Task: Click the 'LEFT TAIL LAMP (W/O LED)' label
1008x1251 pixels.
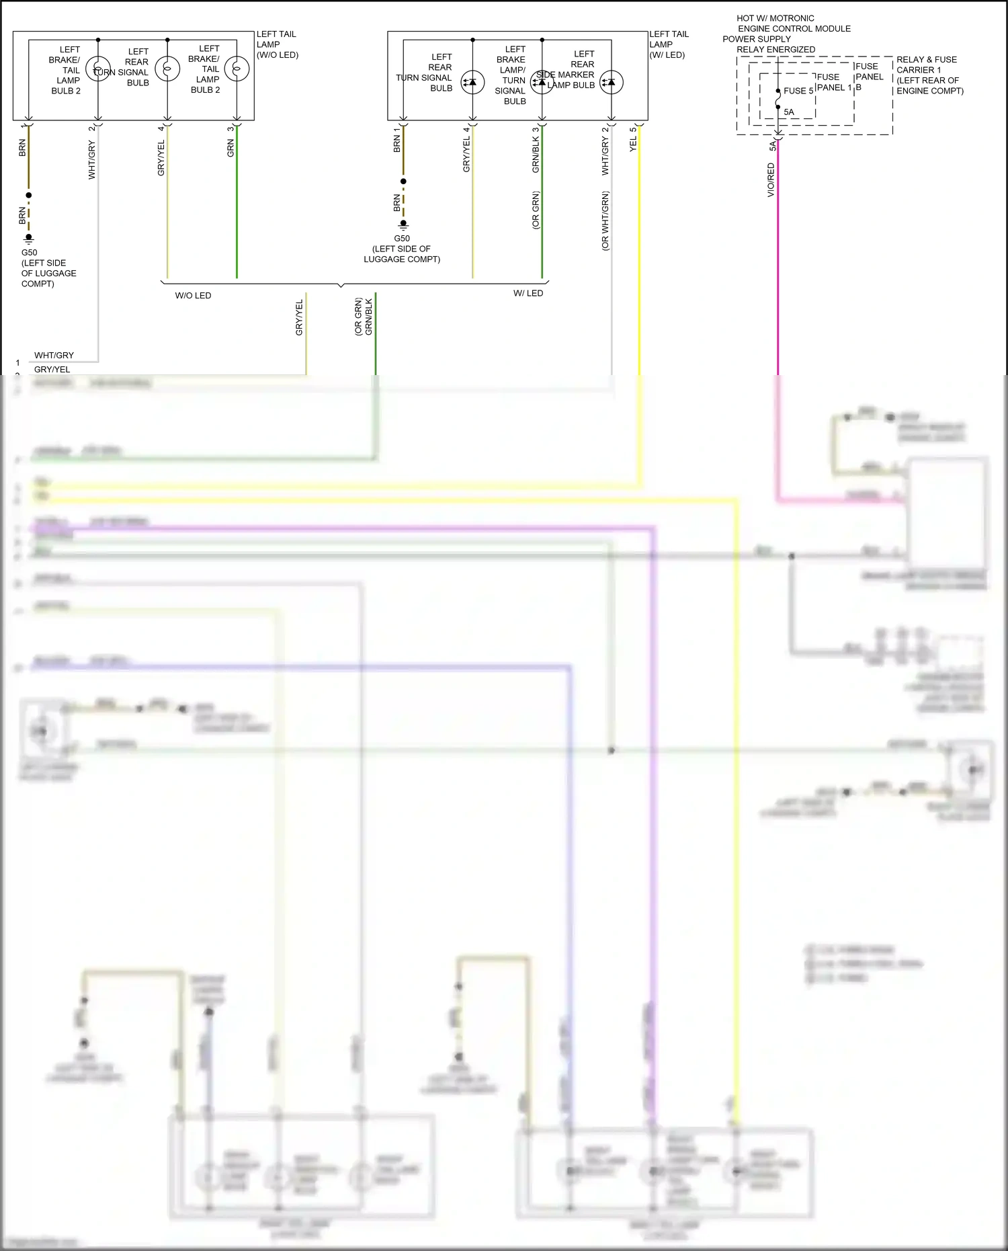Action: click(x=277, y=44)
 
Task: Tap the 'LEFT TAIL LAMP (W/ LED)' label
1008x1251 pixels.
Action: click(x=669, y=44)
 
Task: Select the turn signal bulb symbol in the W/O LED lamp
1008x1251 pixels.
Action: click(x=167, y=69)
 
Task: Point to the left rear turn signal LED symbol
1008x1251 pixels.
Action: click(x=472, y=82)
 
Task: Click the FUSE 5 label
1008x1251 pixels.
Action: click(x=798, y=91)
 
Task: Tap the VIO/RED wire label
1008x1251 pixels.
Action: click(x=771, y=180)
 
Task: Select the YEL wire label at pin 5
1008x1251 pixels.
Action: click(x=632, y=144)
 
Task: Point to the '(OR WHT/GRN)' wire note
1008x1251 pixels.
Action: click(x=605, y=221)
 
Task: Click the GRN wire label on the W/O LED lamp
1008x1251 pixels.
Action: click(x=230, y=149)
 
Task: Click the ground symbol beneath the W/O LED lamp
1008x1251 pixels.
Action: click(x=29, y=239)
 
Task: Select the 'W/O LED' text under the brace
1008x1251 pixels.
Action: click(x=193, y=296)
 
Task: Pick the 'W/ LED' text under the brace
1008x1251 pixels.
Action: click(x=528, y=293)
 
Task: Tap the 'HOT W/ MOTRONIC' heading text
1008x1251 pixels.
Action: click(x=775, y=19)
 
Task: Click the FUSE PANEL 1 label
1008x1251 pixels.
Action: click(x=833, y=83)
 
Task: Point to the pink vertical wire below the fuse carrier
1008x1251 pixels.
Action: click(x=778, y=269)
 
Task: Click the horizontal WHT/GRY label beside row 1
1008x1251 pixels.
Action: click(x=54, y=356)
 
